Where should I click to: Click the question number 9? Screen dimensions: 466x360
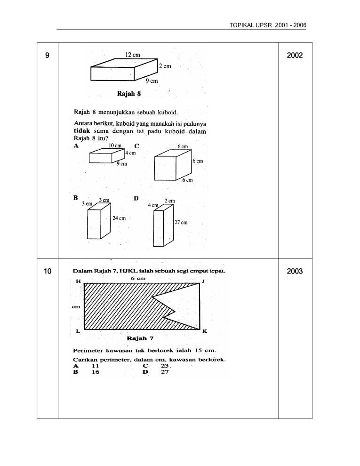pos(47,56)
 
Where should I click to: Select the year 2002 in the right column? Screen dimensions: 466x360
pos(295,56)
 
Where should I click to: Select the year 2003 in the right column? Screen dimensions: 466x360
pos(295,271)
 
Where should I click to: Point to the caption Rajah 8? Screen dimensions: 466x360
pos(129,93)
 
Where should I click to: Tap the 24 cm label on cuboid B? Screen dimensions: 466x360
pos(119,218)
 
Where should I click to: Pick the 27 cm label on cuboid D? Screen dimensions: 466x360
pos(181,223)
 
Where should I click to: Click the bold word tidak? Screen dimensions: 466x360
pos(83,130)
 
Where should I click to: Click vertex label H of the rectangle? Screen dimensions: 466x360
pos(79,281)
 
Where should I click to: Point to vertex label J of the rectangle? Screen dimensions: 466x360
pos(203,281)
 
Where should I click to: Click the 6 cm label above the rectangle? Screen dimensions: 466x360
pos(138,278)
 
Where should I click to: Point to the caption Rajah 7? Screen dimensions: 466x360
pos(140,338)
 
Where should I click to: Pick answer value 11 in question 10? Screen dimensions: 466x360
pos(95,365)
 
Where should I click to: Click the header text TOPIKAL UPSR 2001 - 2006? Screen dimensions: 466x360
pos(268,24)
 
